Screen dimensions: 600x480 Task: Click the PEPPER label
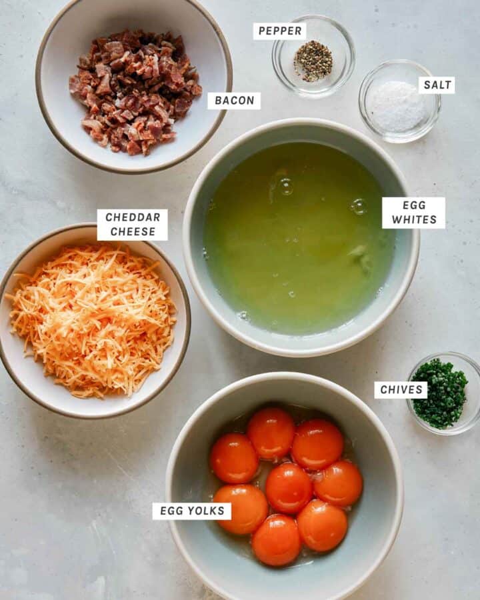[279, 31]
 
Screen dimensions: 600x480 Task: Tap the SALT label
[437, 85]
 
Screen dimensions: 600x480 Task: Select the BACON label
[234, 101]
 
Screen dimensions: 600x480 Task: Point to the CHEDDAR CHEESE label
[132, 225]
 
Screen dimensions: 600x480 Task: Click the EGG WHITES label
[413, 213]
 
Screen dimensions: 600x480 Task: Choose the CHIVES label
[401, 390]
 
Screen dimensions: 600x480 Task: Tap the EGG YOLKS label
[192, 511]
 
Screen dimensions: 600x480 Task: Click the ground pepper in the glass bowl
[313, 61]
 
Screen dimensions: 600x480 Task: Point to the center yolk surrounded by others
[288, 487]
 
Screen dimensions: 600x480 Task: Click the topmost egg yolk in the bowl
[271, 433]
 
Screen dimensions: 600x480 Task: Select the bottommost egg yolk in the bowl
[277, 540]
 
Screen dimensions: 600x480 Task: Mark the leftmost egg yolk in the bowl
[234, 458]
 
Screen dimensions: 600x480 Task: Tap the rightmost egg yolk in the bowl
[339, 483]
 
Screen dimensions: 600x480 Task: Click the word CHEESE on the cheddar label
[133, 232]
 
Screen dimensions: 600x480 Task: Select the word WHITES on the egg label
[413, 220]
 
